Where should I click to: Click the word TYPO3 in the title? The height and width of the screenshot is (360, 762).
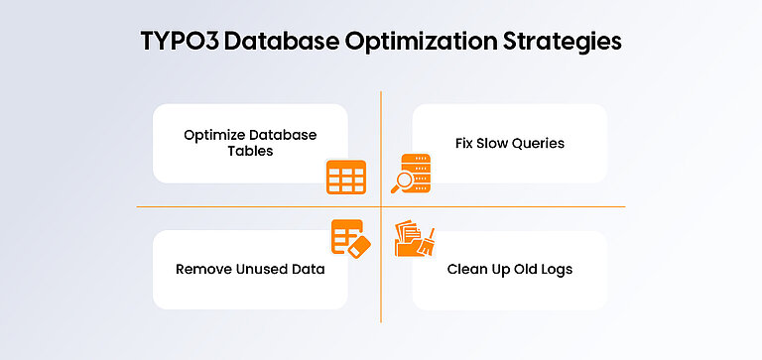coord(179,43)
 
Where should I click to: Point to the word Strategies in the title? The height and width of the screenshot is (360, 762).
coord(566,43)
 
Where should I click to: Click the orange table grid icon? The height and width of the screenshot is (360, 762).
coord(346,177)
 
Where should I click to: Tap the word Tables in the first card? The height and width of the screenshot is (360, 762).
coord(250,152)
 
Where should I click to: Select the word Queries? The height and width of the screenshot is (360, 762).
coord(538,143)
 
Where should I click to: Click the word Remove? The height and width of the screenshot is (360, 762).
coord(201,269)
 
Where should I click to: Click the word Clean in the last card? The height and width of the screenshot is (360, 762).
coord(466,269)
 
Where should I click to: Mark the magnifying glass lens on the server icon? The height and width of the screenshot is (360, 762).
coord(402,180)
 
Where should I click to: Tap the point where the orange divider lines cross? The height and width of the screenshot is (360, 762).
coord(381,206)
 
